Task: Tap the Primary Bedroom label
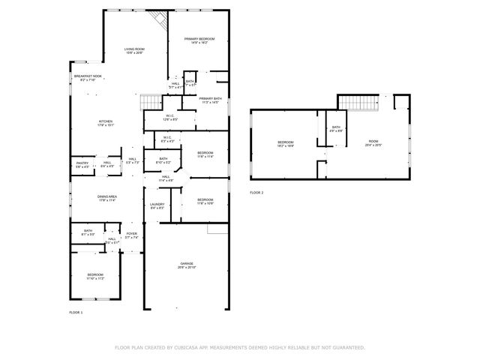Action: coord(199,40)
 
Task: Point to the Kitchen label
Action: coord(106,123)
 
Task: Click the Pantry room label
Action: coord(82,164)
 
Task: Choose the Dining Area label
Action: coord(106,198)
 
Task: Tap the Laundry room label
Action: coord(157,205)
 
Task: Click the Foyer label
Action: coord(131,235)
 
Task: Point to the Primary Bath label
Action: coord(209,100)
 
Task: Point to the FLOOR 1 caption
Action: coord(76,312)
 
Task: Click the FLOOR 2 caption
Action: coord(256,193)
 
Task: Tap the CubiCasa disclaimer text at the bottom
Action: coord(239,347)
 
